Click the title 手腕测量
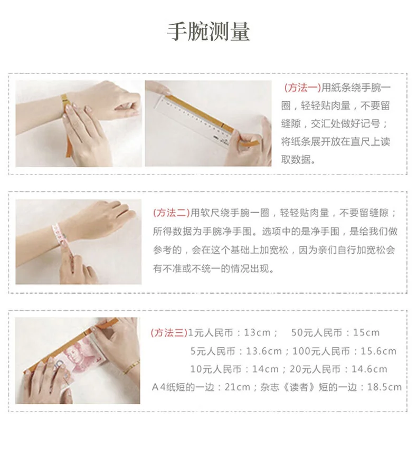(208, 32)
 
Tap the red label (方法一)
(302, 88)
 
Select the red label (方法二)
(171, 213)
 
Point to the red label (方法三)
(169, 333)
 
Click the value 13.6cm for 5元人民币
(264, 351)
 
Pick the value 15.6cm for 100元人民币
(378, 351)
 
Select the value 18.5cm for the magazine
(384, 387)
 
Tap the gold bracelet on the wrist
(131, 368)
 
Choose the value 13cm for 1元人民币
(257, 333)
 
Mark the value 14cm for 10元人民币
(265, 369)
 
